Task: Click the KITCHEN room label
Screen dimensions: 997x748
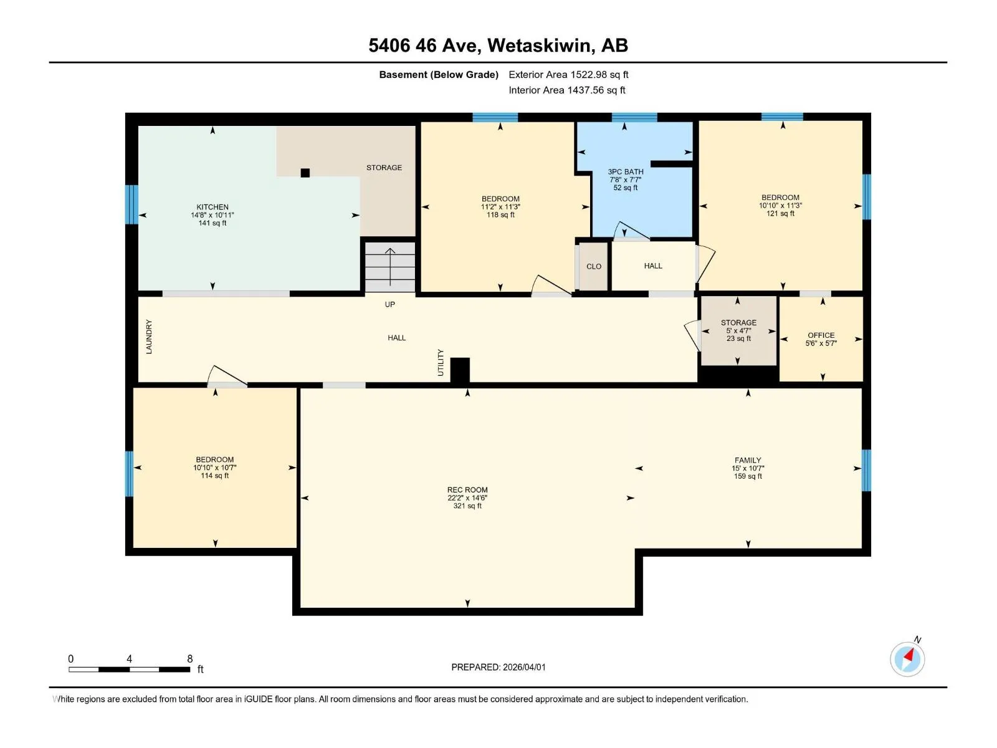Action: (212, 207)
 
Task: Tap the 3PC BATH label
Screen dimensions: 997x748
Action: (626, 171)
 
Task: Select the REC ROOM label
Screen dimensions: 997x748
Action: (467, 489)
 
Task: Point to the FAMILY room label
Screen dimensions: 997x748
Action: (748, 460)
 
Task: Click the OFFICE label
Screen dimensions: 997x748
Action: (821, 335)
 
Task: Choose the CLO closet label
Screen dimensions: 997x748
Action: (594, 267)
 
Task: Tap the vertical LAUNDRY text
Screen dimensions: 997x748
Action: (149, 337)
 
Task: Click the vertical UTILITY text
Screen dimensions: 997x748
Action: (440, 362)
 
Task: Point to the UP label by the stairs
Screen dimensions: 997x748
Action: (389, 304)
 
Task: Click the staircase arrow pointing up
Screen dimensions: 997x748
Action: (389, 267)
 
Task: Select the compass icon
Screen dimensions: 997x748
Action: (907, 659)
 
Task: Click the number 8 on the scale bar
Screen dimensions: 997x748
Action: (190, 658)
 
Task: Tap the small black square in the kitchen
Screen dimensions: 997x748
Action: (305, 173)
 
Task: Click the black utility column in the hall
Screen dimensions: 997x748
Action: (460, 371)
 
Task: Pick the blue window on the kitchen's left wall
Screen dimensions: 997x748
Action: (131, 204)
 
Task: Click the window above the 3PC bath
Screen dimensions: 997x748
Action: (634, 117)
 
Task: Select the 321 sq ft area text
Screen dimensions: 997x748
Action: (467, 506)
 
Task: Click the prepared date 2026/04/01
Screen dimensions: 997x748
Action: (523, 667)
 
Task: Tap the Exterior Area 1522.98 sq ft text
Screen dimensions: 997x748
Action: (568, 74)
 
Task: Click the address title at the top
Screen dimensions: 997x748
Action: (499, 46)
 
